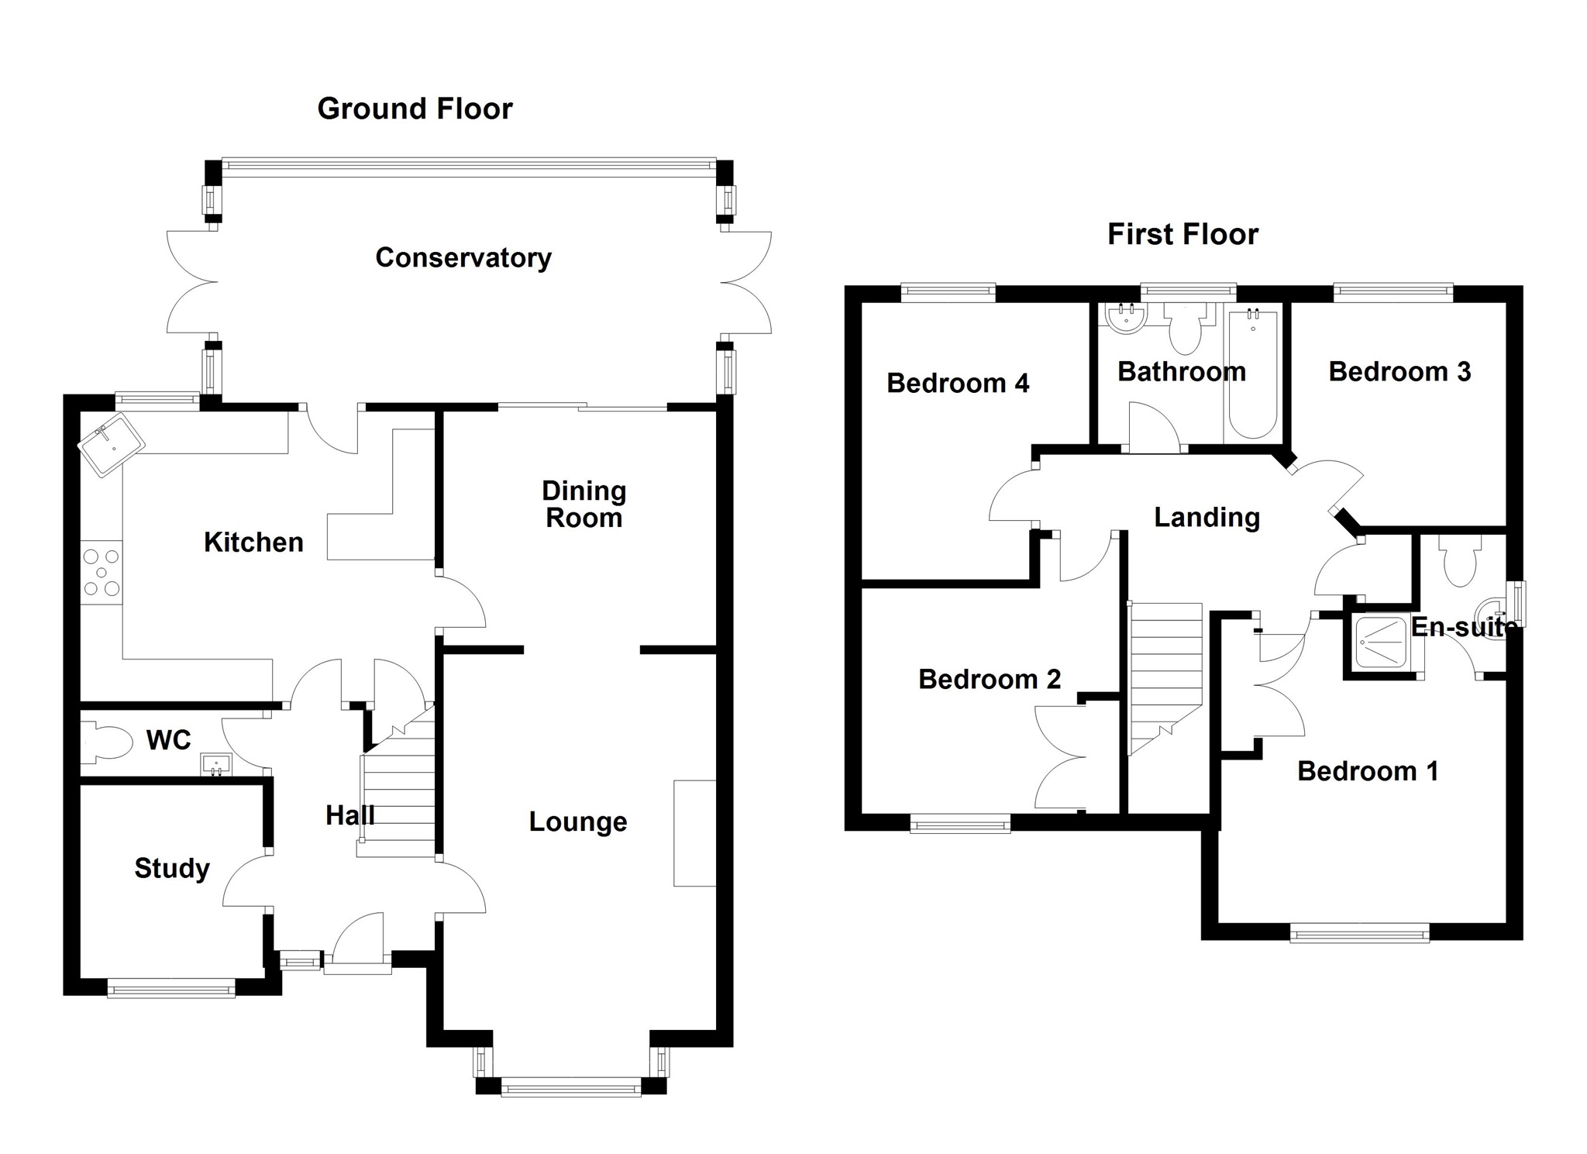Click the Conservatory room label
[463, 257]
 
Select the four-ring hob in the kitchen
[102, 573]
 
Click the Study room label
[172, 868]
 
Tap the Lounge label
[578, 822]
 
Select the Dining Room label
[584, 504]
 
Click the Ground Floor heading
[415, 109]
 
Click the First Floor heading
[1183, 234]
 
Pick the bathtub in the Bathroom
[1252, 374]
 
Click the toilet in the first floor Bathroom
[1185, 332]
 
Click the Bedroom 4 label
[958, 383]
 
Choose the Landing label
[1207, 517]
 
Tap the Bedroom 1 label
[1368, 771]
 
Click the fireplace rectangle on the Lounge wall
[694, 833]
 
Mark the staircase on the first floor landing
[1164, 674]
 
